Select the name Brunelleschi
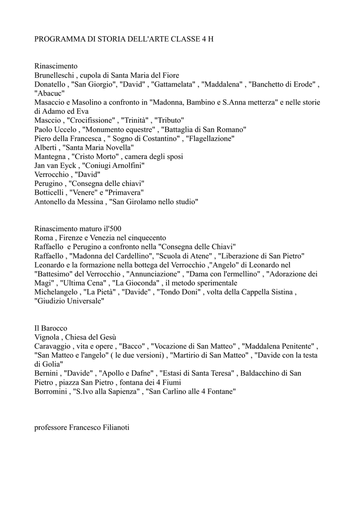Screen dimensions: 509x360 [x=55, y=75]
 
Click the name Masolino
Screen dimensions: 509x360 [x=91, y=102]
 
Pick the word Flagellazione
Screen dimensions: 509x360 [x=210, y=139]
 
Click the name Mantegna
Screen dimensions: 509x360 [x=50, y=157]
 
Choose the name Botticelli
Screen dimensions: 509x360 [x=50, y=192]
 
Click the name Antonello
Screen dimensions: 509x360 [x=51, y=201]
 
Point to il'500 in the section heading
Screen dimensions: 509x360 [x=112, y=229]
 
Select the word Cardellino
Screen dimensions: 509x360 [x=133, y=255]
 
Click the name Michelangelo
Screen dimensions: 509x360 [x=56, y=292]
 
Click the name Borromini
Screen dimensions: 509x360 [x=50, y=391]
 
